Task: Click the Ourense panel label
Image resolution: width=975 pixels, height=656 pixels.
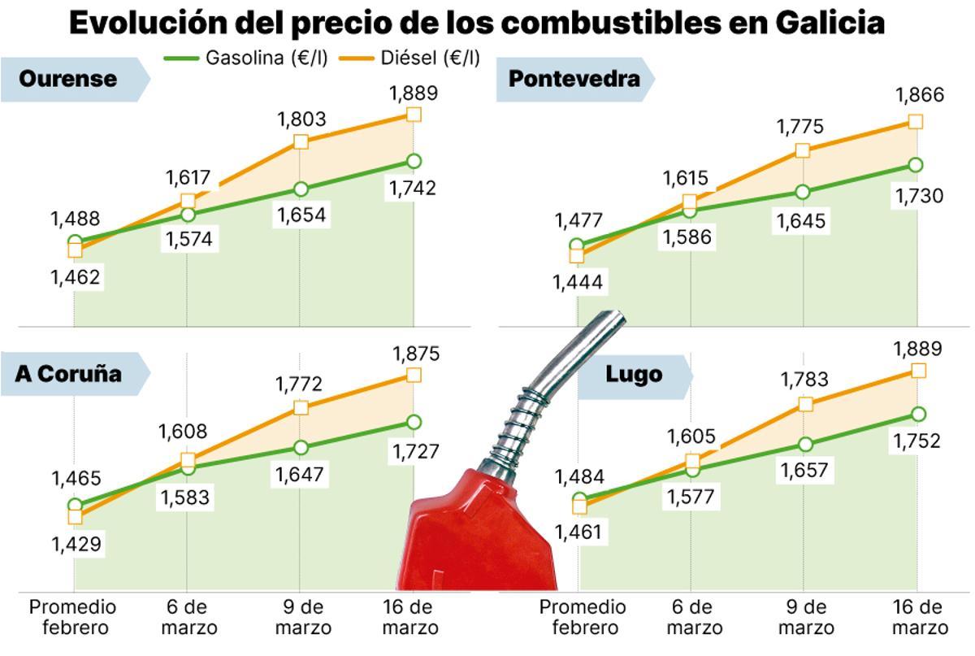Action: pyautogui.click(x=68, y=79)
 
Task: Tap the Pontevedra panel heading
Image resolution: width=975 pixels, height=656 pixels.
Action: pyautogui.click(x=574, y=79)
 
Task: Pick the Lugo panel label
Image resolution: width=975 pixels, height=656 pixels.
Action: pyautogui.click(x=633, y=375)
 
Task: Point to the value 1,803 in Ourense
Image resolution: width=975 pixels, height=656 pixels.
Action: pyautogui.click(x=301, y=119)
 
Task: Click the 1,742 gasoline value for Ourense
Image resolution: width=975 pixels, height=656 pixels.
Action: pyautogui.click(x=414, y=189)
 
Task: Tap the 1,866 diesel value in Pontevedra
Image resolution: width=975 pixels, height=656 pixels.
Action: pyautogui.click(x=920, y=96)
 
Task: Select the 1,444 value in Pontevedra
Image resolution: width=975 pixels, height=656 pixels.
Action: pyautogui.click(x=578, y=282)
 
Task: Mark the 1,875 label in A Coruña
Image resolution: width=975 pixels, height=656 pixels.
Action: pyautogui.click(x=416, y=354)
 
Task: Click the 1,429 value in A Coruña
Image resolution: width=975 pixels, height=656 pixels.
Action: pyautogui.click(x=76, y=545)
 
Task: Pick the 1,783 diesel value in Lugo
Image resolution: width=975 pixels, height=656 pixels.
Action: pyautogui.click(x=804, y=379)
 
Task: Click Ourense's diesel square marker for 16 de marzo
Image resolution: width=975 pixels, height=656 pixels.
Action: pyautogui.click(x=414, y=115)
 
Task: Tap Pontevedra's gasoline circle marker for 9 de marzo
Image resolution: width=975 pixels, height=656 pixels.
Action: pyautogui.click(x=803, y=192)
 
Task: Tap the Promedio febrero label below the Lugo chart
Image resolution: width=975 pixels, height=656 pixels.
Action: pyautogui.click(x=583, y=618)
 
